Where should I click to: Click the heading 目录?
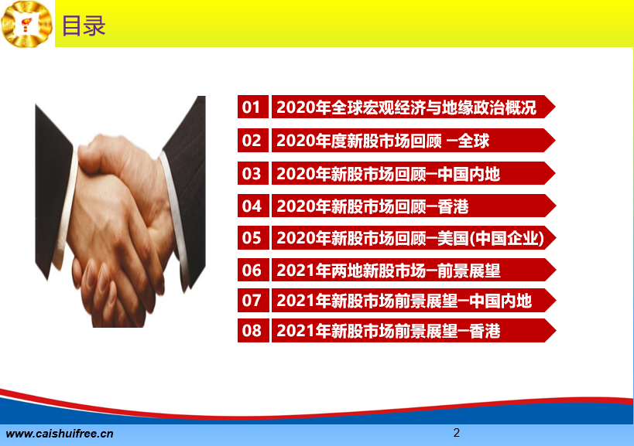point(84,26)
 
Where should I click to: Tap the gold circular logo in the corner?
point(26,24)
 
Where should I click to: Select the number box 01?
point(252,107)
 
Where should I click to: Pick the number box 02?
point(252,141)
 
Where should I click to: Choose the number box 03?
point(252,174)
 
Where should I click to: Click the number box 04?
point(252,206)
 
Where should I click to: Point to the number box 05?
point(252,238)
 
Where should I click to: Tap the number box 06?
point(252,270)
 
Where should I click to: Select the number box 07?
point(252,300)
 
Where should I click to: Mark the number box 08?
point(252,331)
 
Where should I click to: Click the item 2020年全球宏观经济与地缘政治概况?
point(406,107)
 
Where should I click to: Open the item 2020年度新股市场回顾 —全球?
point(383,141)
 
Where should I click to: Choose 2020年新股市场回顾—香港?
point(372,206)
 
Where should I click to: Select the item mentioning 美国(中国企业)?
point(410,238)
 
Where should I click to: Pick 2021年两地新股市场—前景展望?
point(389,271)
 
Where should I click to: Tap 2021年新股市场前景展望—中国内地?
point(404,301)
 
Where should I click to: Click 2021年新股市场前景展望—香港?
point(389,331)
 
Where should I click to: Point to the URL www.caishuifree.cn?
point(60,434)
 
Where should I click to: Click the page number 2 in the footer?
point(457,433)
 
